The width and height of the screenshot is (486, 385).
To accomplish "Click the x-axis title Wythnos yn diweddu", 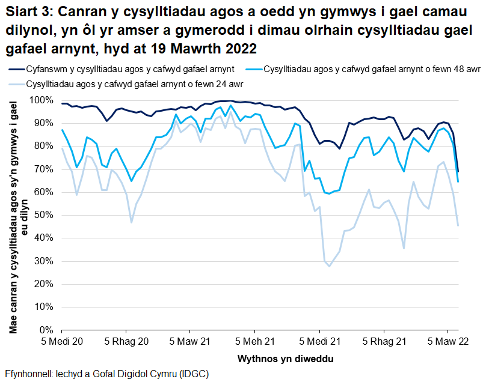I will click(260, 359).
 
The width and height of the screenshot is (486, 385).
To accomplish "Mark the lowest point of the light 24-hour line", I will click(329, 266).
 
